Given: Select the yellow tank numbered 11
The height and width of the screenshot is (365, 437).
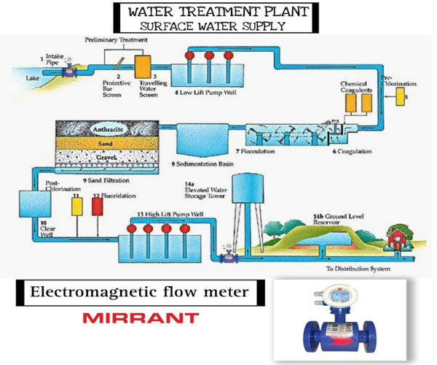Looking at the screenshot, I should pyautogui.click(x=76, y=207).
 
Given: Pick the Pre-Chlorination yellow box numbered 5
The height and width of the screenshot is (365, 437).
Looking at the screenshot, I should pyautogui.click(x=401, y=96).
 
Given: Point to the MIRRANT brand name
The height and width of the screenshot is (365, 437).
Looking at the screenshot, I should pyautogui.click(x=140, y=318).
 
